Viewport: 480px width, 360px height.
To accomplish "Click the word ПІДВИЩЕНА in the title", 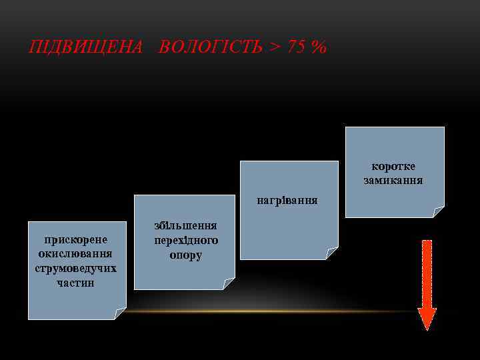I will coord(86,48).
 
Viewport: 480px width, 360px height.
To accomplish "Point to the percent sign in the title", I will coord(319,48).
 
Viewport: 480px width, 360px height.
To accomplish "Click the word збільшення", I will coord(185,226).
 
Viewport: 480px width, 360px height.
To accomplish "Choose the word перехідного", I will coord(185,240).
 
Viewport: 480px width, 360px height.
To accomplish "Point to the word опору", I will coord(185,255).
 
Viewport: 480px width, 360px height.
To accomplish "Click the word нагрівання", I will coord(288,200).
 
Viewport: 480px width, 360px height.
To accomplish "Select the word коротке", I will coord(393,166).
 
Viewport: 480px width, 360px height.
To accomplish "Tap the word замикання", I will coord(393,181).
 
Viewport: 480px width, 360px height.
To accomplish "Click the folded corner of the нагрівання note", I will coord(332,253).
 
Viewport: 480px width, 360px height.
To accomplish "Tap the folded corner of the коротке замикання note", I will coord(438,212).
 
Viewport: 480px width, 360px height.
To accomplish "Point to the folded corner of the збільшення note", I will coord(229,284).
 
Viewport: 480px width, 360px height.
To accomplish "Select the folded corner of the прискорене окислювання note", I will coord(121,314).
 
